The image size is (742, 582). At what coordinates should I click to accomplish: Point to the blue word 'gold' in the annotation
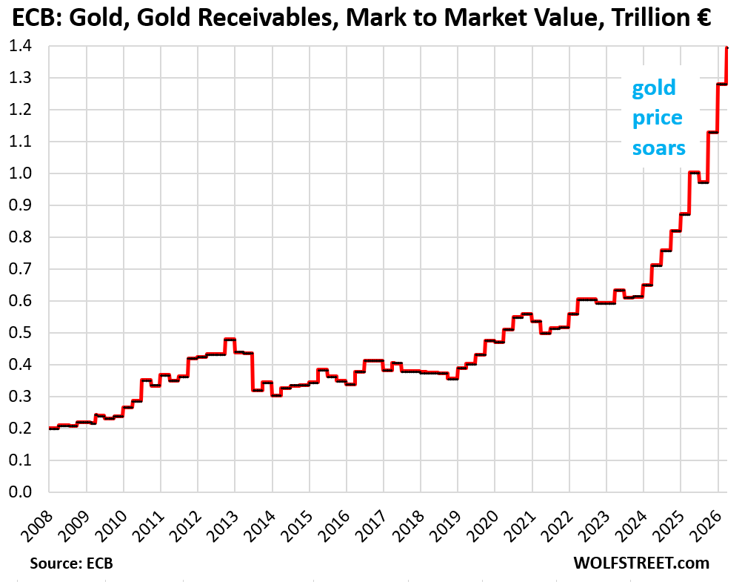pyautogui.click(x=653, y=88)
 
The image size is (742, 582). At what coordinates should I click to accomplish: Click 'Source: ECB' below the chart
pyautogui.click(x=71, y=563)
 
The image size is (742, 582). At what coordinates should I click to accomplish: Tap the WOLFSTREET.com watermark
pyautogui.click(x=641, y=563)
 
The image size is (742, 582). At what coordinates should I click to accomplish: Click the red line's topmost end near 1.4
pyautogui.click(x=727, y=47)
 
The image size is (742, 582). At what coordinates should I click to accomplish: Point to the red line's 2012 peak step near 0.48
pyautogui.click(x=230, y=340)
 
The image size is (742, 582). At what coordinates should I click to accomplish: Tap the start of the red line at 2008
pyautogui.click(x=50, y=428)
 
